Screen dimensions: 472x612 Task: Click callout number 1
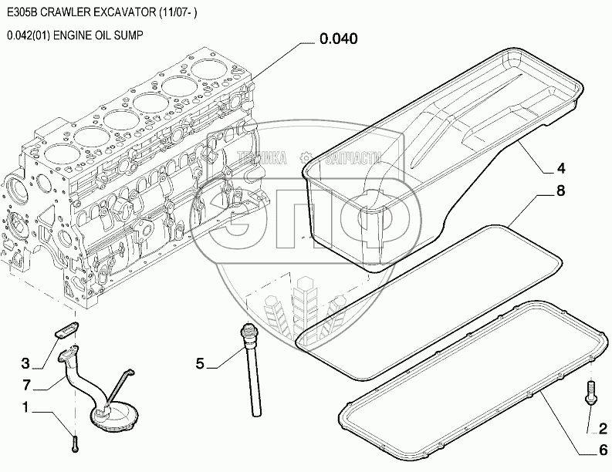(x=26, y=406)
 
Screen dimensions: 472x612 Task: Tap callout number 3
(x=26, y=363)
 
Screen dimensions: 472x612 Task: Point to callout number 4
(x=561, y=167)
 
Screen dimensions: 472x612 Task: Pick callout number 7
(x=26, y=385)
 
